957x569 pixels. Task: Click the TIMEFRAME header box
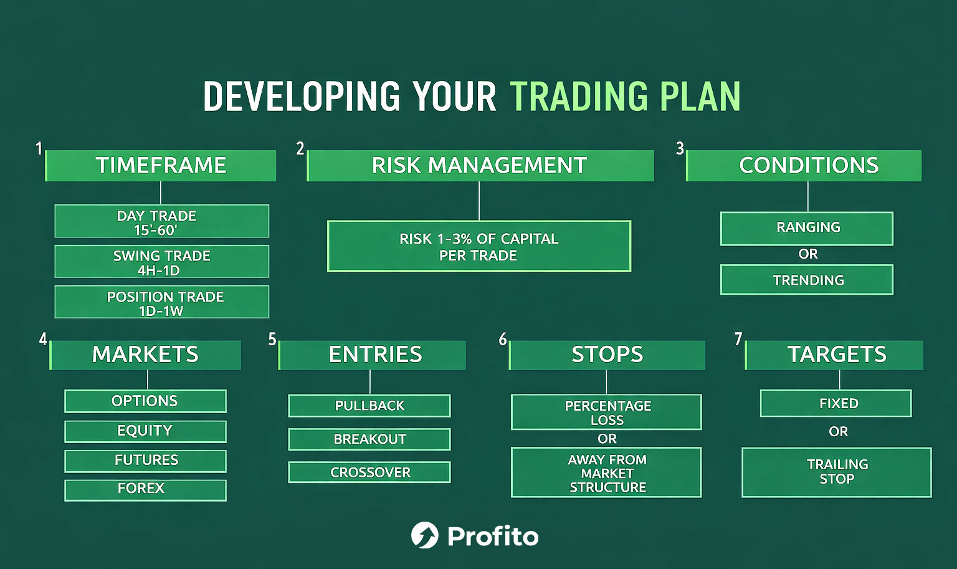click(161, 165)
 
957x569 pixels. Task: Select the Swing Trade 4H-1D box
click(162, 262)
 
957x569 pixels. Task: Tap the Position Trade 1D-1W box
click(162, 302)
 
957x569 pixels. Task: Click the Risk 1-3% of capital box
click(479, 246)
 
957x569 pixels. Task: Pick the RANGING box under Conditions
click(807, 228)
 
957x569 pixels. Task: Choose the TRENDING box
click(807, 280)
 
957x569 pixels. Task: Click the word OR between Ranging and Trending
click(808, 254)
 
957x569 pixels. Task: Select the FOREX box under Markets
click(145, 490)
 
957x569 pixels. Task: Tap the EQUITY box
click(145, 431)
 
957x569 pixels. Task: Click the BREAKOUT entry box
click(369, 439)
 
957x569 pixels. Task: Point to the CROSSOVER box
click(369, 472)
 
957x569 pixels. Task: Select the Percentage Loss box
click(606, 412)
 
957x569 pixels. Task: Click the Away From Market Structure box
click(606, 472)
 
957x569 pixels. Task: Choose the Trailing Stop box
click(837, 472)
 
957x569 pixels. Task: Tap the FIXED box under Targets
click(836, 403)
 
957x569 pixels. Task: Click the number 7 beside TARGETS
click(738, 339)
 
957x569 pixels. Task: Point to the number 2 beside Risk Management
click(300, 148)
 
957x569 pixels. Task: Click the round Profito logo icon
click(425, 535)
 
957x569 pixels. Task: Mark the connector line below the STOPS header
click(606, 382)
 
